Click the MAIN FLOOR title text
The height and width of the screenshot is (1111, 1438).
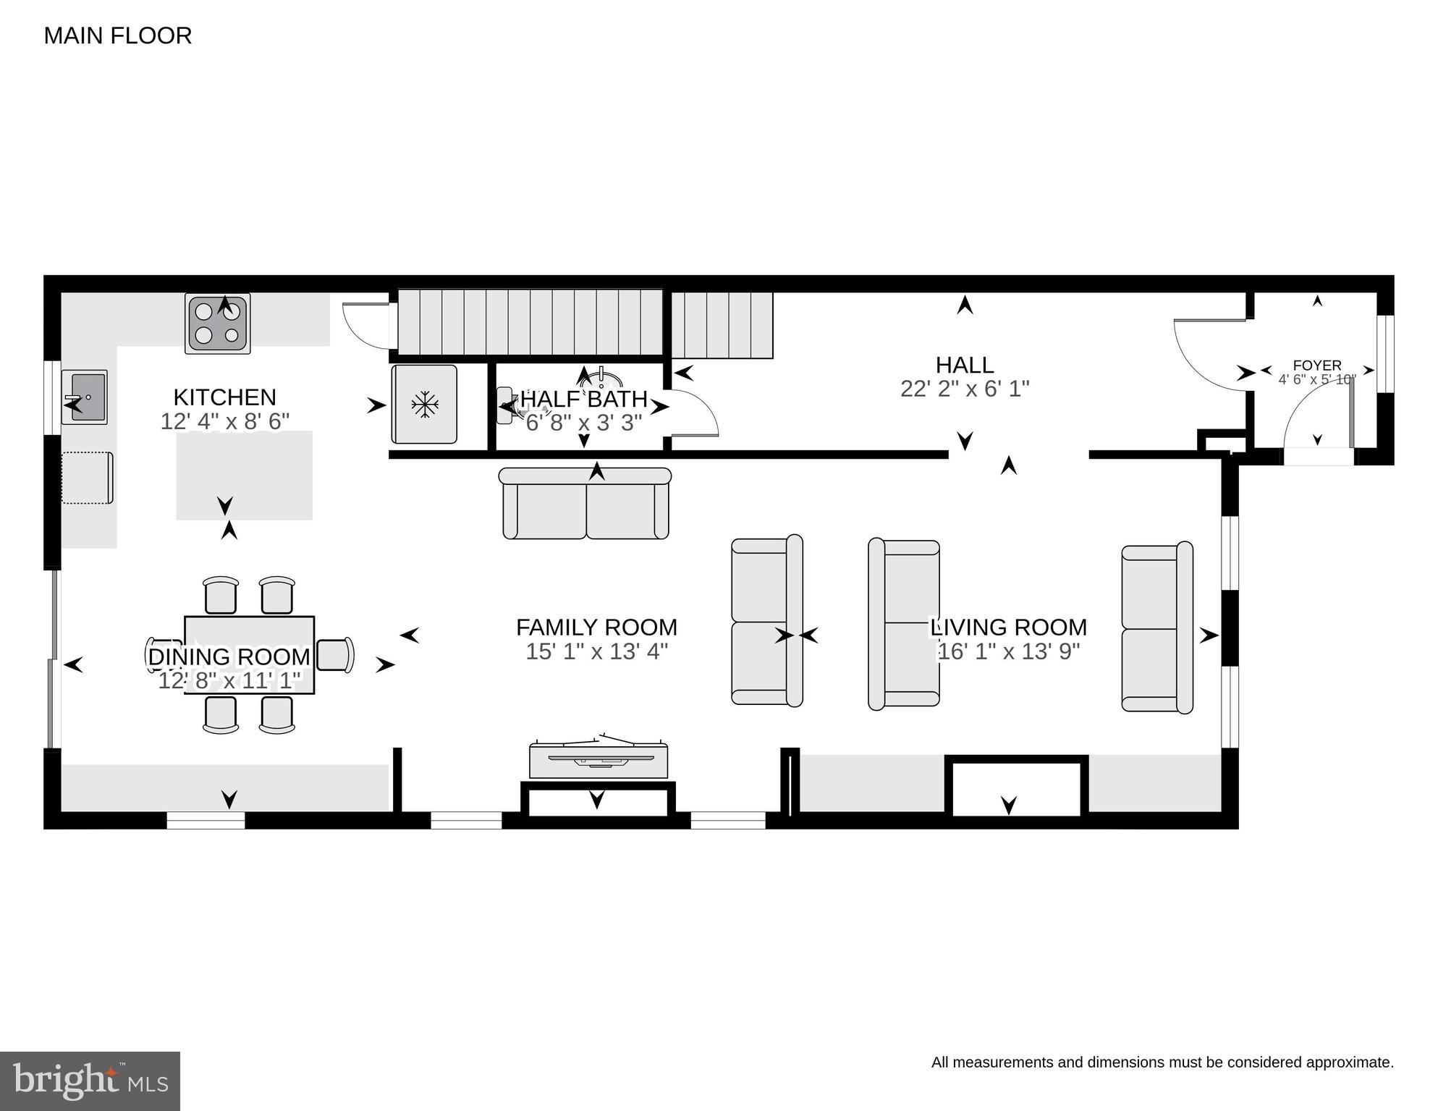pos(117,35)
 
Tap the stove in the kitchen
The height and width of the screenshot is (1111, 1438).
pos(218,324)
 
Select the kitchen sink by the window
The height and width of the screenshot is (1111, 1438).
pos(85,397)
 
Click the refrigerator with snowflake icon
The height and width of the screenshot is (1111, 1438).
pos(425,405)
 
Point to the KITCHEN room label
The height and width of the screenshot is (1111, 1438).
pos(224,397)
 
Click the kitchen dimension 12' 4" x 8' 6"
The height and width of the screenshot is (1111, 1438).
pos(224,421)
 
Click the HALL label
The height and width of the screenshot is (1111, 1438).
pos(964,364)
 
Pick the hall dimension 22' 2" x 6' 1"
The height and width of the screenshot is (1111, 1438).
pos(964,389)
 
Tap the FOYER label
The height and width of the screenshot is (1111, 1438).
pos(1316,366)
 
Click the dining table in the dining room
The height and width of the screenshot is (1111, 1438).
pos(249,654)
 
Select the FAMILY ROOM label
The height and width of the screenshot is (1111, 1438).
pos(596,627)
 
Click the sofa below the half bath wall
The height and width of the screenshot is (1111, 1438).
pos(585,504)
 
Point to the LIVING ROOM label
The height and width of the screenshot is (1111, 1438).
pos(1008,627)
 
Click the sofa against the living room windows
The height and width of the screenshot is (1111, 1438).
pos(1156,628)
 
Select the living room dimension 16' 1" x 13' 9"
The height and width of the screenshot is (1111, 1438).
pos(1008,651)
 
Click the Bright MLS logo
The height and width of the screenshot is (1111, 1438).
pos(90,1081)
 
